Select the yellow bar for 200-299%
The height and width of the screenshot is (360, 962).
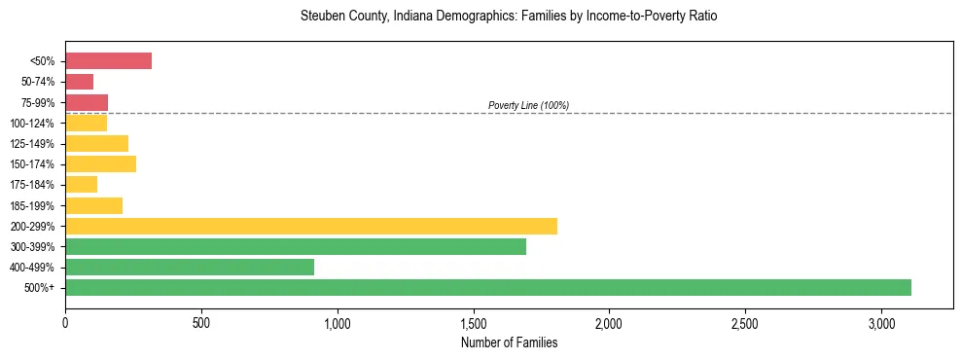(x=311, y=226)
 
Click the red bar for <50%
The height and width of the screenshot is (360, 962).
(x=108, y=61)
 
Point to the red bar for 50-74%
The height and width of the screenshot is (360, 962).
(x=79, y=82)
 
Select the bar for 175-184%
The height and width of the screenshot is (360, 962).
(x=81, y=185)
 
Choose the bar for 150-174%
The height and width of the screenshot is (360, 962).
(x=100, y=164)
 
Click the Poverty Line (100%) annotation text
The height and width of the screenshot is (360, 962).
(x=528, y=105)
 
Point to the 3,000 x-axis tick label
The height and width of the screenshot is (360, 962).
(x=880, y=322)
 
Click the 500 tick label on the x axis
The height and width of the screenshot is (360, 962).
(x=201, y=322)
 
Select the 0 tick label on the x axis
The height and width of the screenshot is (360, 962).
(x=65, y=322)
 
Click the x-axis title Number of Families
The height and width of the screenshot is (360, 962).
(x=509, y=342)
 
